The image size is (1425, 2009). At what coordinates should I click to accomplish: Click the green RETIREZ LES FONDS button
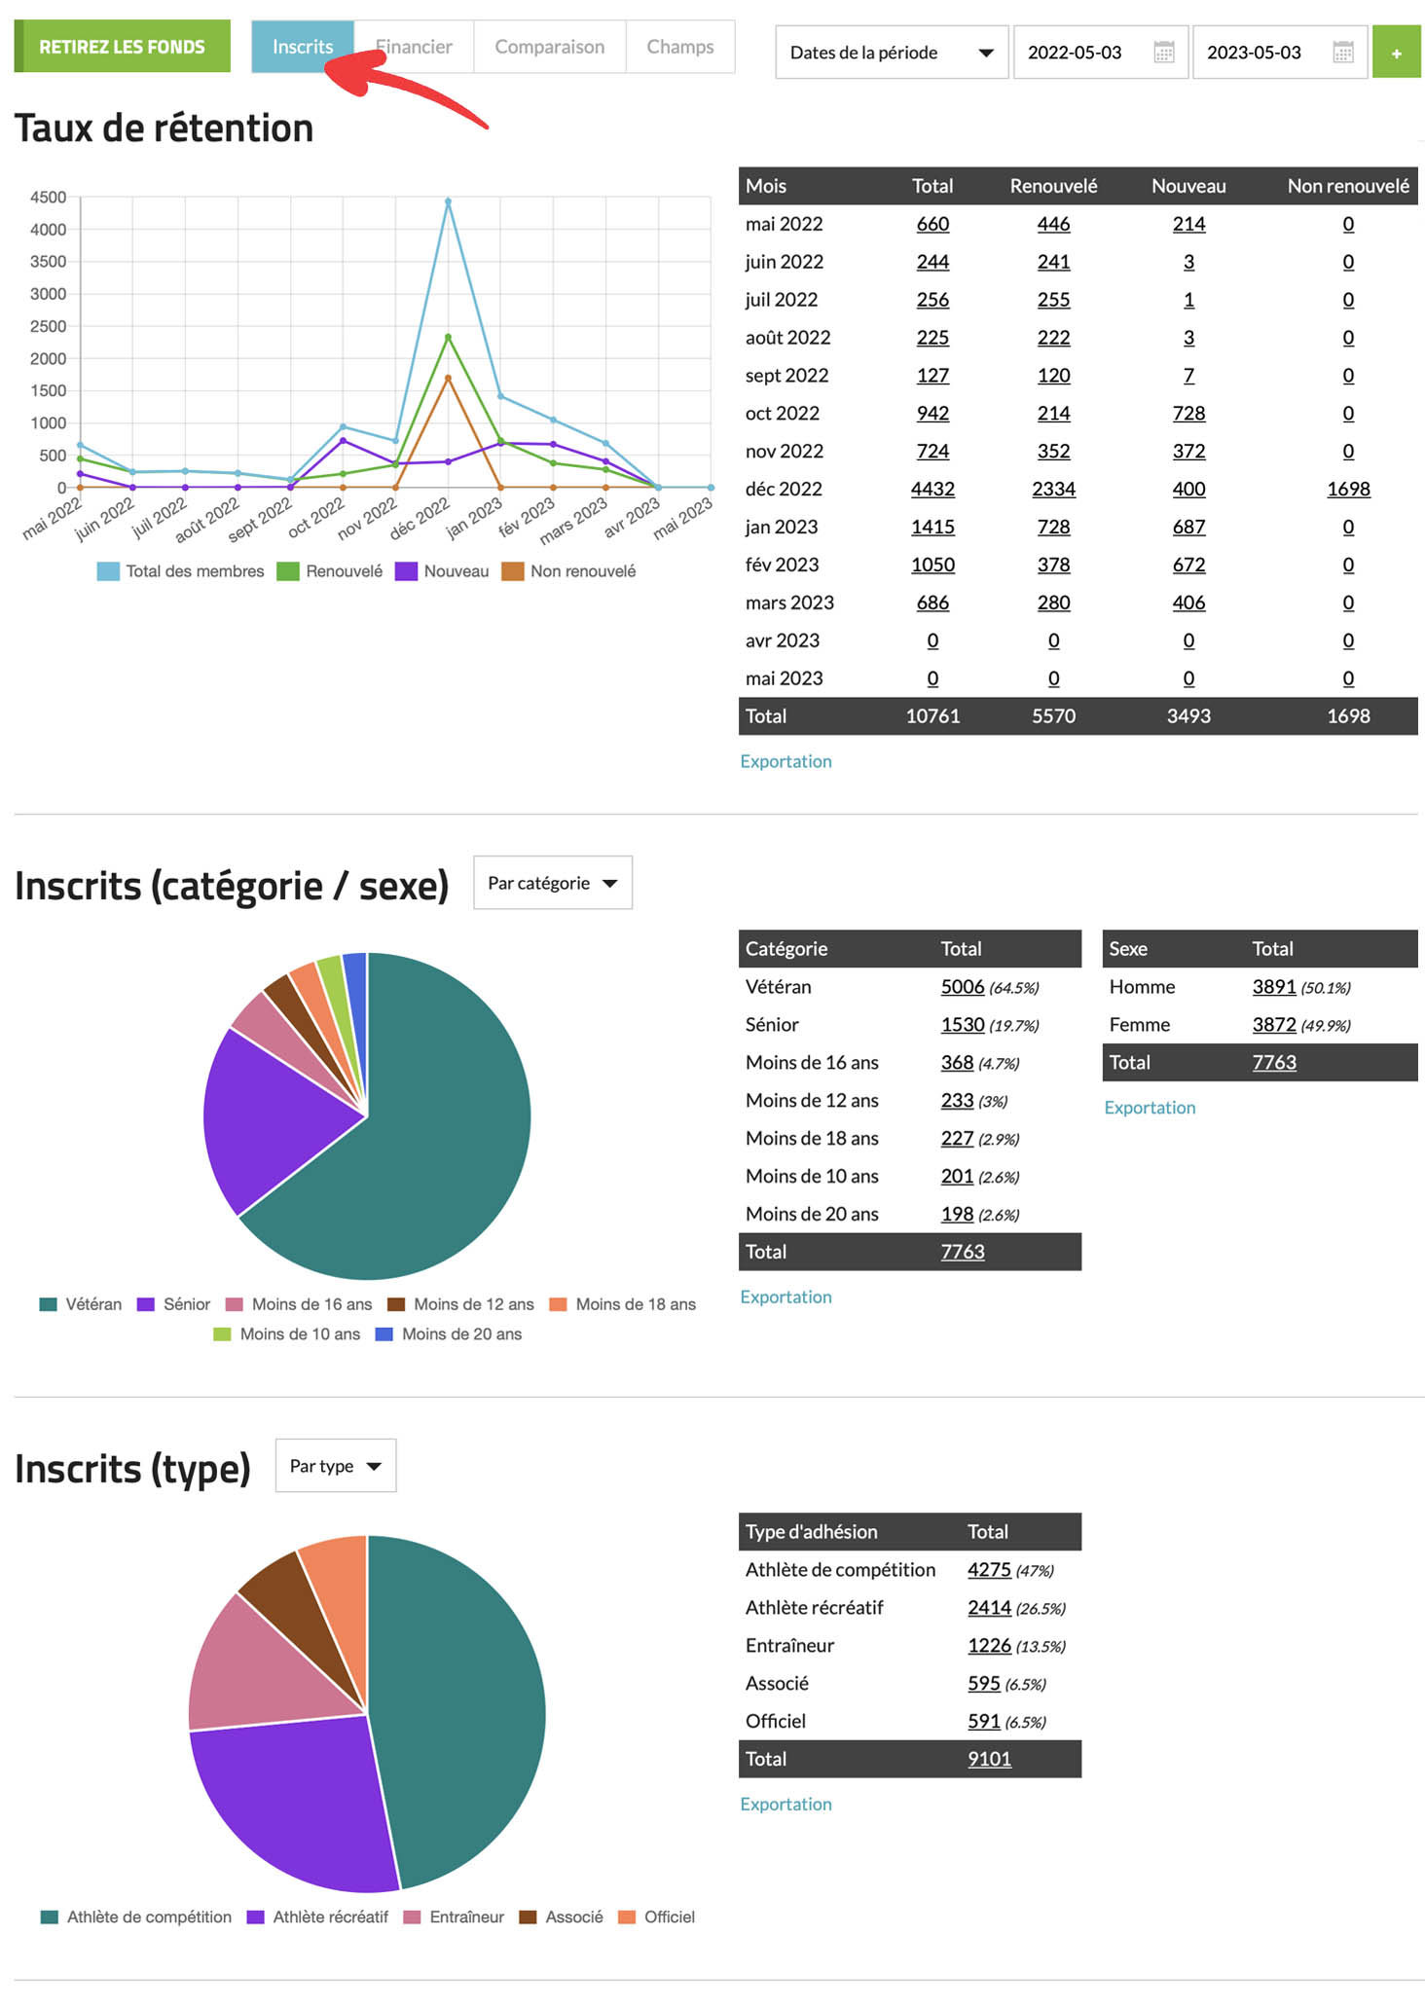pos(123,47)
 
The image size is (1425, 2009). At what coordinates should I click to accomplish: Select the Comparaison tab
pos(549,47)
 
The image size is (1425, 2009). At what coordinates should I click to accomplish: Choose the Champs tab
pos(679,47)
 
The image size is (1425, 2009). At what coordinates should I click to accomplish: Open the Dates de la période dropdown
pos(891,53)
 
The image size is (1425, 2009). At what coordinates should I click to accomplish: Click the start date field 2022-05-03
pos(1075,53)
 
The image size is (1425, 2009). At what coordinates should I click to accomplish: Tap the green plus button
pos(1396,53)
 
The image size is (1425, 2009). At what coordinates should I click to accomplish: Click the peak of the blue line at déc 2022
pos(448,201)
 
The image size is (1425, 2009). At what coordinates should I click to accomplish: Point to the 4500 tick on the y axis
pos(49,198)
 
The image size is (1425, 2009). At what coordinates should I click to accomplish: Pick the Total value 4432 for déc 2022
pos(932,489)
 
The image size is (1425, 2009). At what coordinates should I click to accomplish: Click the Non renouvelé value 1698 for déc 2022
pos(1348,489)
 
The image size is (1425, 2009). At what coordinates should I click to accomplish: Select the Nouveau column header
pos(1188,186)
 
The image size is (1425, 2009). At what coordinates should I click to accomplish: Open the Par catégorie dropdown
pos(552,883)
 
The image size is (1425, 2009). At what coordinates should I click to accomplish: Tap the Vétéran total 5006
pos(962,987)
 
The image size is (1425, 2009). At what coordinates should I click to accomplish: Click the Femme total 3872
pos(1273,1025)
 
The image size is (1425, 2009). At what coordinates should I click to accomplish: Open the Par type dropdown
pos(335,1466)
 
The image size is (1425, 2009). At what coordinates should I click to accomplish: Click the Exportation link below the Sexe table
pos(1150,1108)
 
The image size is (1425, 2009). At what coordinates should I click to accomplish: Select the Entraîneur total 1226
pos(989,1646)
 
